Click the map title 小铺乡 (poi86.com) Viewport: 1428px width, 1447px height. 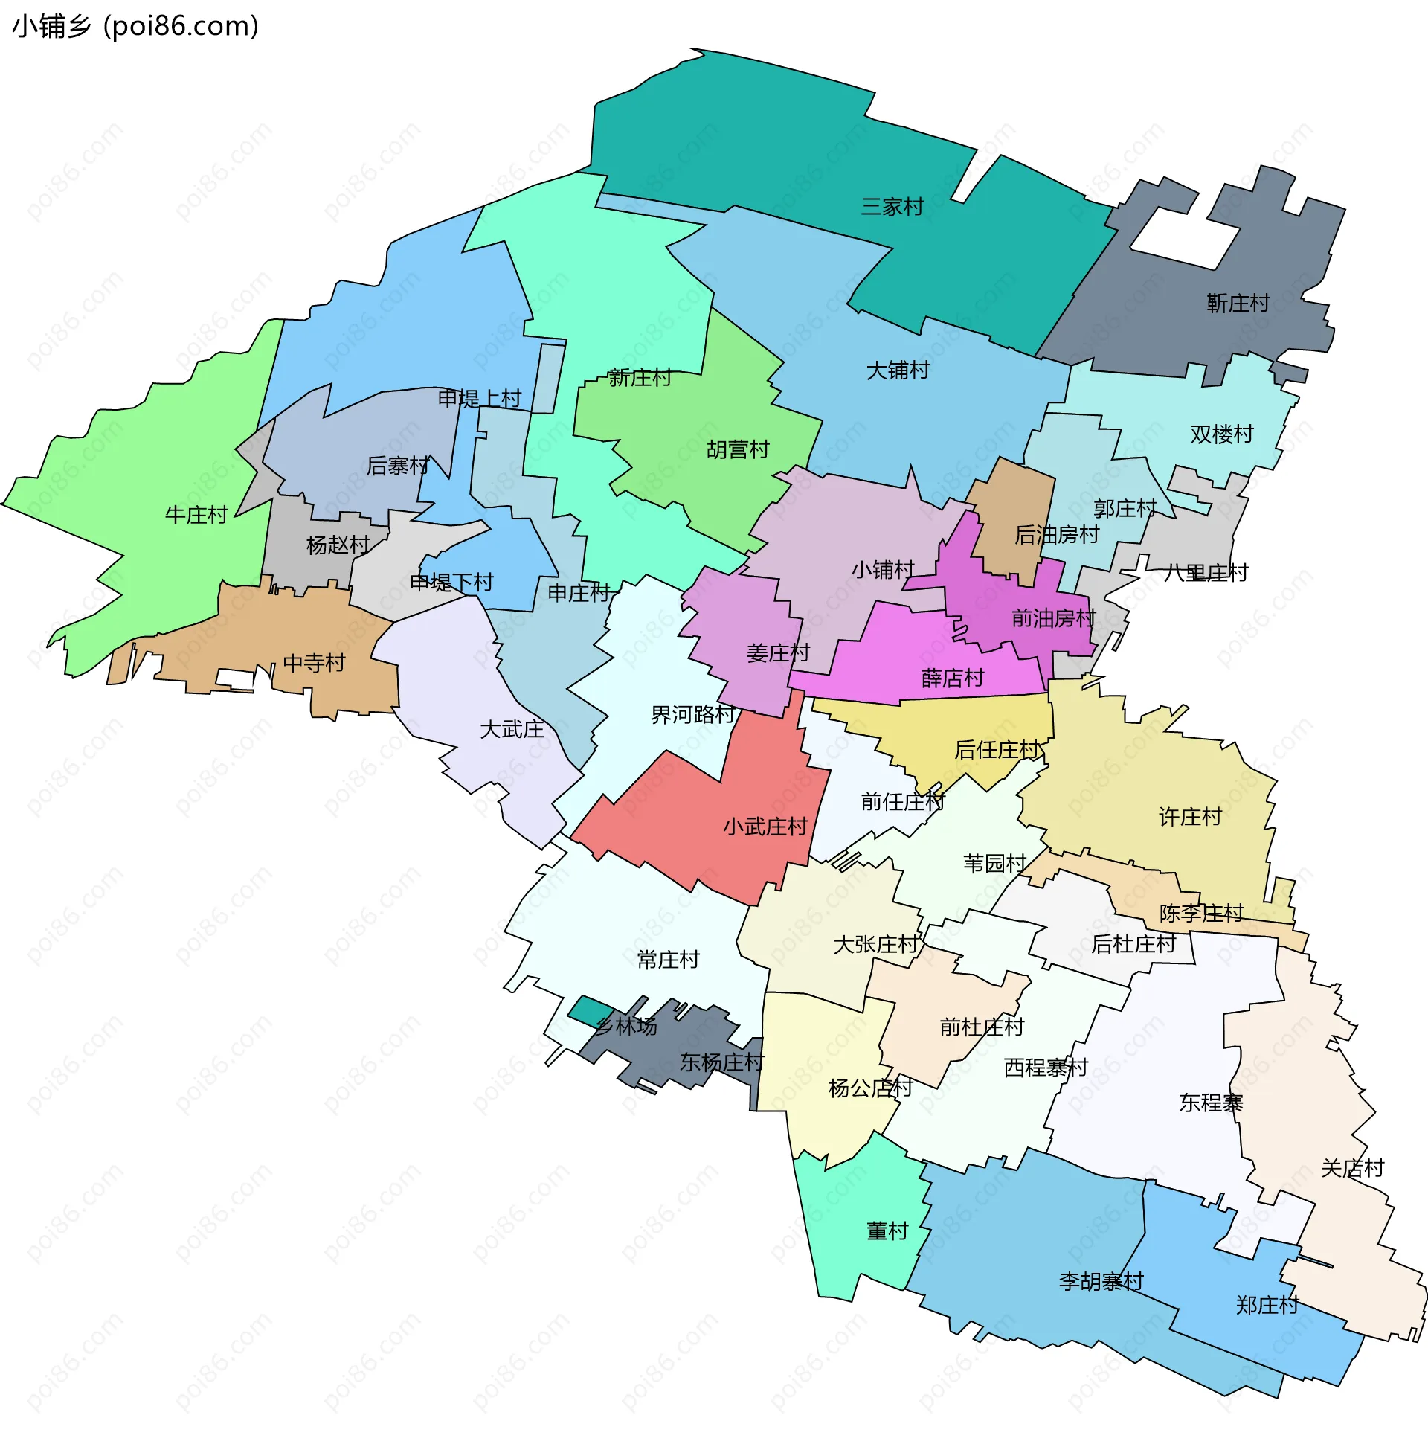[135, 26]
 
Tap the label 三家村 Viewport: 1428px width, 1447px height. [891, 207]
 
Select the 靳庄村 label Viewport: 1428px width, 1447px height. [1237, 304]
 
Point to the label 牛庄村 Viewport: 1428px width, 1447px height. [196, 516]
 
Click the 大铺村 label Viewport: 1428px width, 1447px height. [897, 370]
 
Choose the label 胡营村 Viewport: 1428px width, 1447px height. [738, 449]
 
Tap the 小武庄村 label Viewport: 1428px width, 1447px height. [765, 827]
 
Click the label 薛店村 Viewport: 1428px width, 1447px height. [952, 678]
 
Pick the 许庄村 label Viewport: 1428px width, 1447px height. [1190, 817]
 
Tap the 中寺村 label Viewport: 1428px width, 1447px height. [314, 664]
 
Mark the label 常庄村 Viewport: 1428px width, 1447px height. [668, 960]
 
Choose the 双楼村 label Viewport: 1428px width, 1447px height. [1221, 434]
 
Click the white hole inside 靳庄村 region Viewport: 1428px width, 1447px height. [1183, 237]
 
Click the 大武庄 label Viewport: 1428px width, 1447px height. [512, 730]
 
